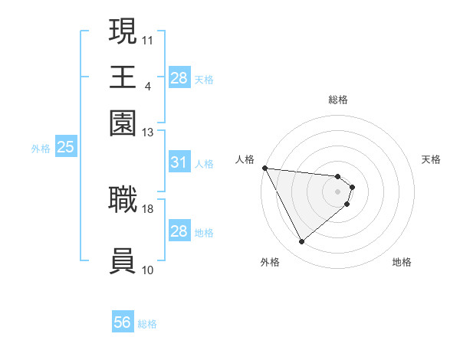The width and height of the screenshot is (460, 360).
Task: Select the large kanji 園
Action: point(123,123)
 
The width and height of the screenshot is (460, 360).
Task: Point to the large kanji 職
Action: point(123,199)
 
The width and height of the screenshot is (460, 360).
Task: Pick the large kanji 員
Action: point(123,261)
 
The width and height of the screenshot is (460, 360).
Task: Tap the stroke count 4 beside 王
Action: point(147,86)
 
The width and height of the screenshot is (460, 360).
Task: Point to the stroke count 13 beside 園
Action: point(148,133)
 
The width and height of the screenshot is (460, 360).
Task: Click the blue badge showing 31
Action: point(179,162)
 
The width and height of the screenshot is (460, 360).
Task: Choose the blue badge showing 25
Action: point(65,148)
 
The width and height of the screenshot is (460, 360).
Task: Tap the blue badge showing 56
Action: point(123,322)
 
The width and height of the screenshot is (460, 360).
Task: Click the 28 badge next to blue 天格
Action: point(179,77)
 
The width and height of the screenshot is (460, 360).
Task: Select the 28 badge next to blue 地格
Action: point(179,231)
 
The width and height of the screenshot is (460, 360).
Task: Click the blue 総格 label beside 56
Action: point(147,324)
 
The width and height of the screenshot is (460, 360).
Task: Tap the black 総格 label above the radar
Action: point(338,100)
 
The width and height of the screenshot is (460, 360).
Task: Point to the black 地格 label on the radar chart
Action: point(402,263)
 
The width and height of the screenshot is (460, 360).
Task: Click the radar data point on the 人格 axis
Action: point(264,168)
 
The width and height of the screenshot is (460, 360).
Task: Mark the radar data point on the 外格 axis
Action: point(301,242)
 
